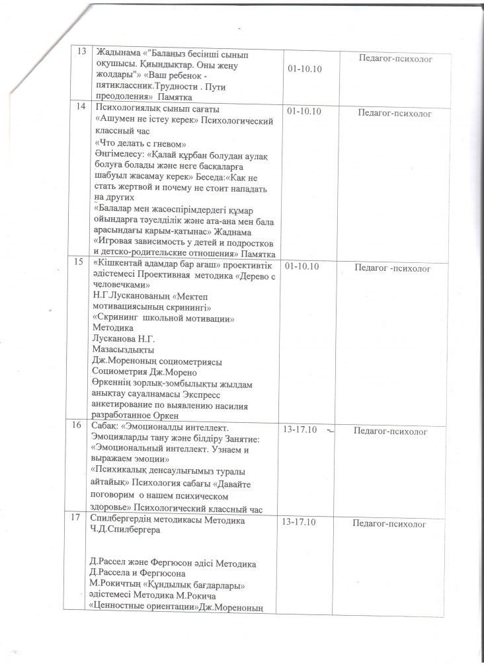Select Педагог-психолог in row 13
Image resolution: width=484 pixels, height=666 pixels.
point(395,59)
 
